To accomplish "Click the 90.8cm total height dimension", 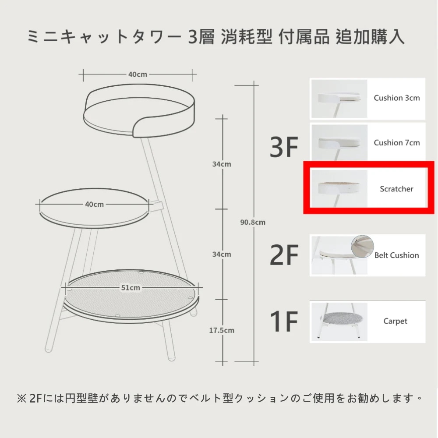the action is click(253, 223).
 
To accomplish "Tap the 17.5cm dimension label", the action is click(222, 330).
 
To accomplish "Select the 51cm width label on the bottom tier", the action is click(131, 288).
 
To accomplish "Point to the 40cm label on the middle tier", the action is click(95, 205).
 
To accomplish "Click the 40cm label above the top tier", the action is click(138, 74).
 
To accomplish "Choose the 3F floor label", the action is click(284, 147).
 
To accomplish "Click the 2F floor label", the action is click(284, 255).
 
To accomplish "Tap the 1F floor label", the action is click(284, 321).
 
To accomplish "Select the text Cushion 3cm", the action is click(397, 98).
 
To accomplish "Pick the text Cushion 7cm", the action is click(397, 143).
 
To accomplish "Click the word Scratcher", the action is click(396, 189).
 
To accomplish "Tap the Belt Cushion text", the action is click(396, 255).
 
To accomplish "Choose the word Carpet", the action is click(395, 321).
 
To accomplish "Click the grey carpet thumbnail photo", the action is click(339, 322).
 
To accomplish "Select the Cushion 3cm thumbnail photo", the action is click(339, 99).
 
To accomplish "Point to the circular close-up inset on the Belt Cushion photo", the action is click(362, 246).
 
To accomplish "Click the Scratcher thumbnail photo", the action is click(339, 188).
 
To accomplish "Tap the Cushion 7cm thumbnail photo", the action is click(339, 143).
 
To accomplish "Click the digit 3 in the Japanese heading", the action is click(193, 37).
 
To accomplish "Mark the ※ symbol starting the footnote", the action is click(22, 398).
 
